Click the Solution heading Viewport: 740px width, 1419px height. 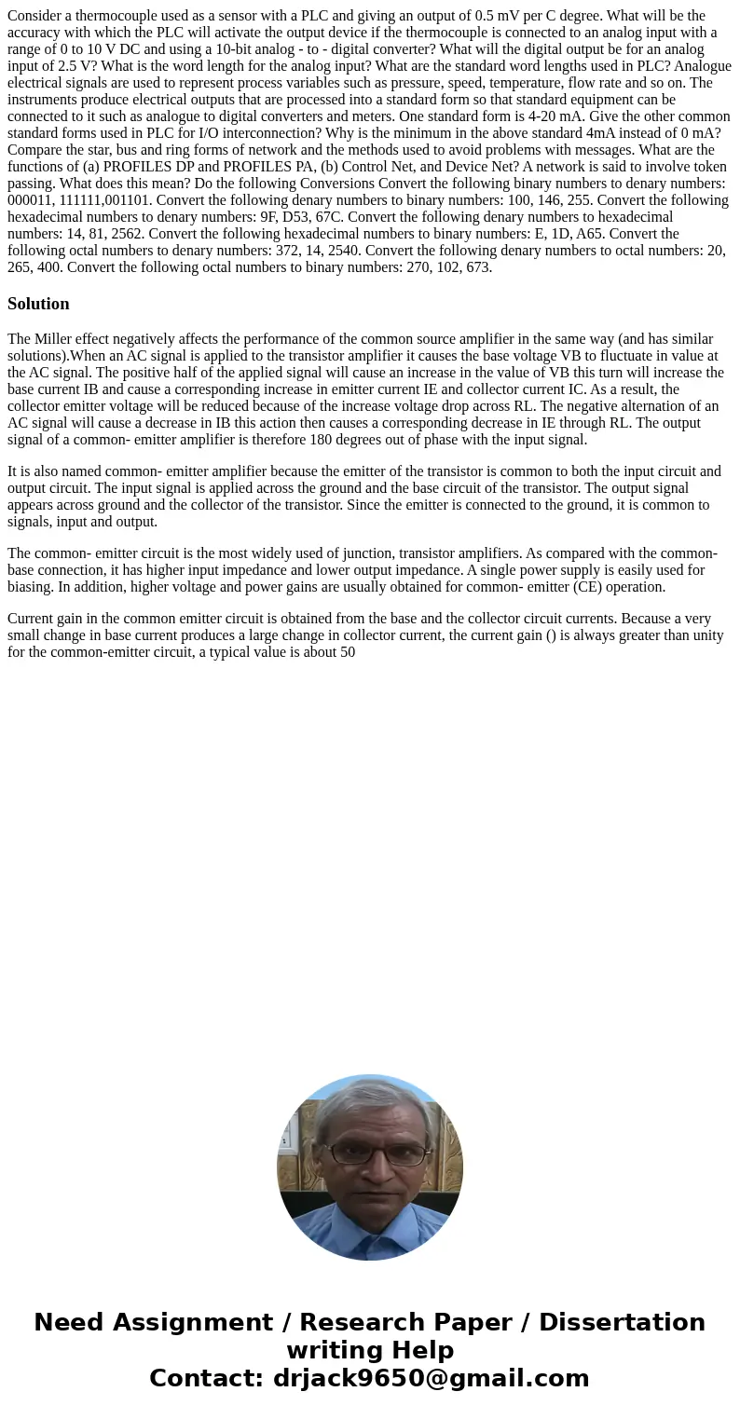(38, 304)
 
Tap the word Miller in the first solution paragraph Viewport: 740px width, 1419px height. (54, 339)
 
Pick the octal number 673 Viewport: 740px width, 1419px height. (475, 266)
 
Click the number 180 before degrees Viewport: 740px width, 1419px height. (419, 440)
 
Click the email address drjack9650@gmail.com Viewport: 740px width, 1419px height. (432, 1378)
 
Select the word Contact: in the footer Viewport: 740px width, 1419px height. (207, 1378)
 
